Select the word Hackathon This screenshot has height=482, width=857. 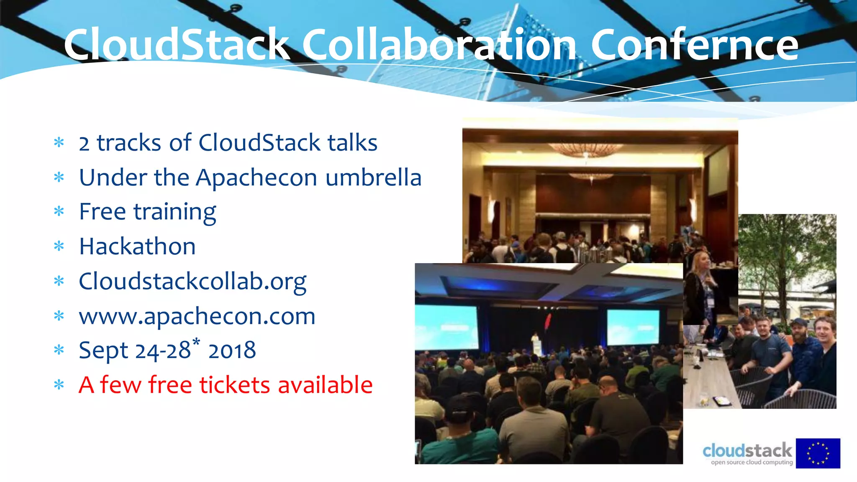coord(137,246)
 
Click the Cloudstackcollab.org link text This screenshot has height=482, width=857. coord(192,282)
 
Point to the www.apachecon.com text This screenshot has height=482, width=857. coord(197,316)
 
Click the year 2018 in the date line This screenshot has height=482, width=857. coord(232,351)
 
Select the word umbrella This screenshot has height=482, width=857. coord(373,177)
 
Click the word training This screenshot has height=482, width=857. coord(175,212)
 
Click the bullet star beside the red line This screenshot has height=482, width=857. coord(59,385)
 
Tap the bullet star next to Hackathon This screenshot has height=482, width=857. coord(59,246)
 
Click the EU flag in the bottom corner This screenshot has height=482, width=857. coord(818,453)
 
